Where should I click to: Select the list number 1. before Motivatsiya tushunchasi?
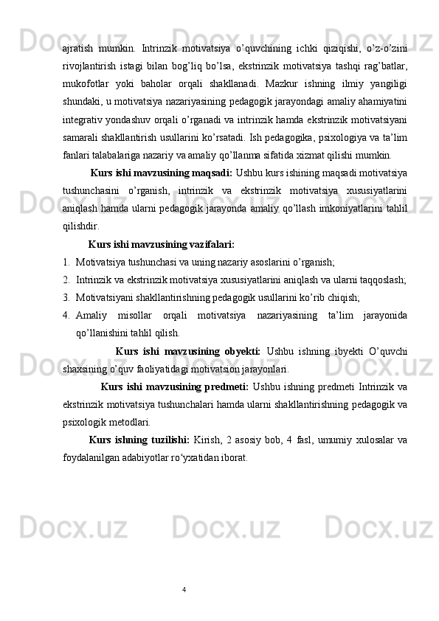[67, 260]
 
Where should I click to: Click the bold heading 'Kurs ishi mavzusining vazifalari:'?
[161, 243]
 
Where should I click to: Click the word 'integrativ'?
[84, 119]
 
